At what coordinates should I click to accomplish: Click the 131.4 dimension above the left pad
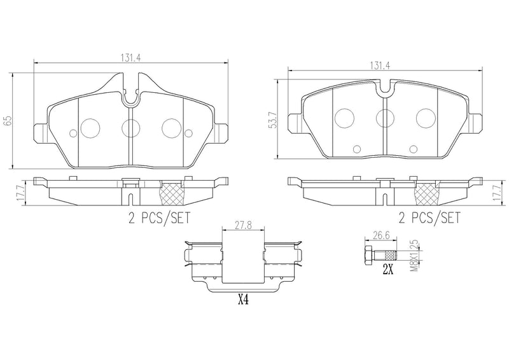click(x=130, y=57)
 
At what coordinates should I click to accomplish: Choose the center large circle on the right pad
click(x=384, y=117)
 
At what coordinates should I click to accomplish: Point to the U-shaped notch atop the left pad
click(x=130, y=95)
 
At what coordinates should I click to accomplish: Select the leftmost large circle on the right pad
click(x=344, y=117)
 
